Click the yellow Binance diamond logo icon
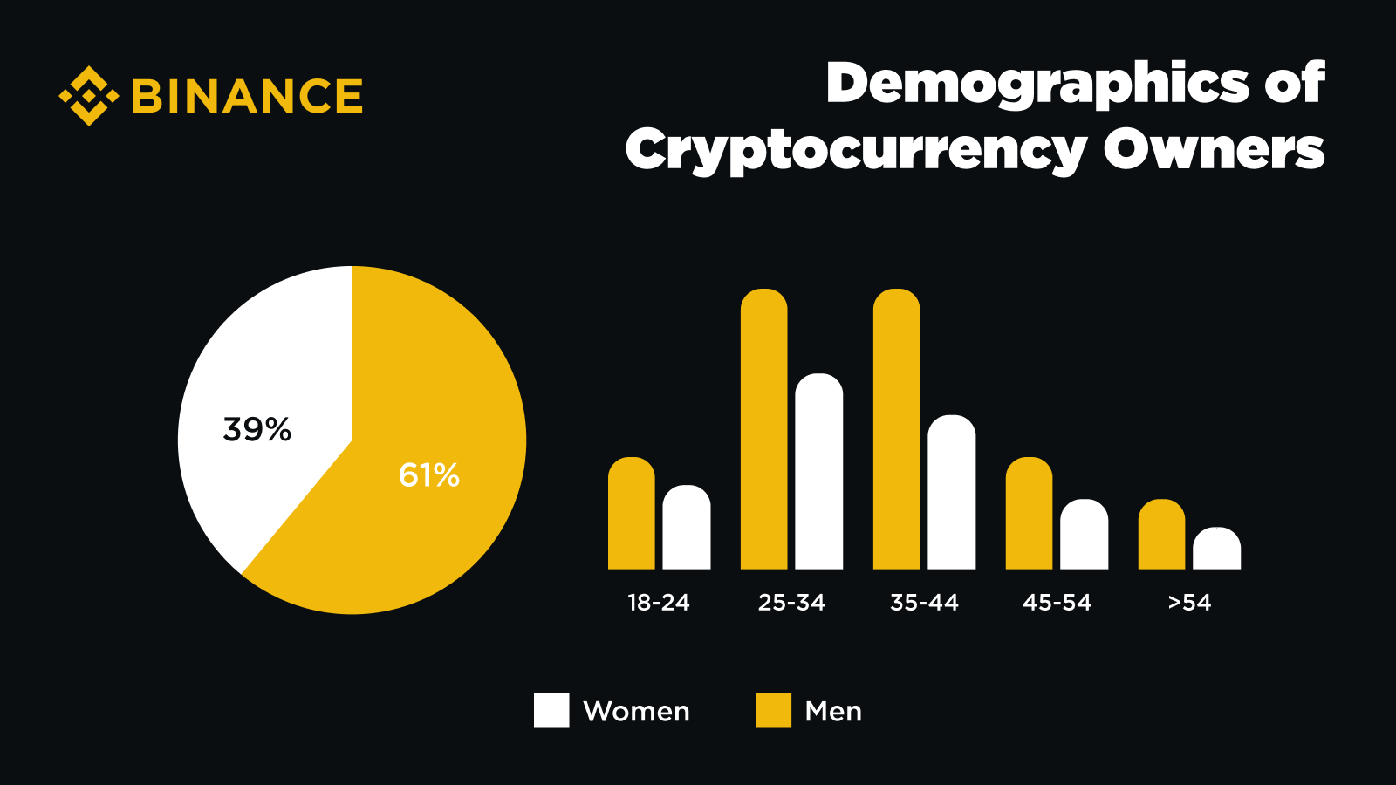88,95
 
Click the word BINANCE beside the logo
247,96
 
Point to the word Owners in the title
1214,150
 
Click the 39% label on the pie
257,429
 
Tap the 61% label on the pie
428,475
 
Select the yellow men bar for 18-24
632,514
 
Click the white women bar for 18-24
687,528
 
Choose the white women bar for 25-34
819,472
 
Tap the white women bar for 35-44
952,493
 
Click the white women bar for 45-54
1085,535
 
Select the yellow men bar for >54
1162,535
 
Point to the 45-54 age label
1057,603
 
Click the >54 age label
1189,603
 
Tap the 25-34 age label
791,603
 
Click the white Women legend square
551,710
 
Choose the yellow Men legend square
774,710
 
